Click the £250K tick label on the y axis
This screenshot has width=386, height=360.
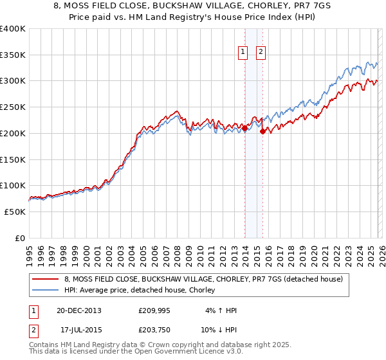(13, 107)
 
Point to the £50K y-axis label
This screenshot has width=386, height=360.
(15, 212)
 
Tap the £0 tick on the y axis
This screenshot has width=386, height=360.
(20, 238)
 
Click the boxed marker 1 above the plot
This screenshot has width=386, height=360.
(244, 53)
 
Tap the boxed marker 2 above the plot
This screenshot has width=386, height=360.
(261, 53)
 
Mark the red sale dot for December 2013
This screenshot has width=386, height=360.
(244, 129)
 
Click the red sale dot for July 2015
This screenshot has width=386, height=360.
(262, 132)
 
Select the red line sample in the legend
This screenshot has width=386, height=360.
(46, 280)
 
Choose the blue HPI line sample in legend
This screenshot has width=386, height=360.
(46, 291)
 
